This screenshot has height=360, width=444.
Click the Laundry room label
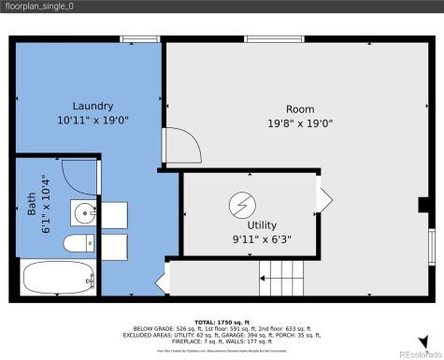pos(93,106)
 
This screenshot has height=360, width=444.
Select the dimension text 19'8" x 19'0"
pos(300,122)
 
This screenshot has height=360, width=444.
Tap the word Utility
pos(262,225)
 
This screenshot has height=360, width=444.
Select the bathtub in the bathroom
pos(57,279)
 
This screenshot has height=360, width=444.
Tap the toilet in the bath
pos(78,246)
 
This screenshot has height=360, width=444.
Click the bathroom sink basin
pos(84,211)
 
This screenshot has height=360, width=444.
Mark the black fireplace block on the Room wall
pos(423,205)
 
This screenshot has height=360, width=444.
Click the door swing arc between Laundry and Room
pos(178,147)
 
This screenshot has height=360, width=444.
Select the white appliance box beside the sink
pos(113,214)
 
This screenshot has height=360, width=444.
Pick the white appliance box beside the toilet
pos(113,247)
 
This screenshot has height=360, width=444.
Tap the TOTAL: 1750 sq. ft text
pos(221,322)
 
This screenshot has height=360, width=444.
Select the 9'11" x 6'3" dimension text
pos(262,238)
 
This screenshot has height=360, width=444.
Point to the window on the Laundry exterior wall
pos(135,38)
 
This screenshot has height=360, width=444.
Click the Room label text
pos(300,108)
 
